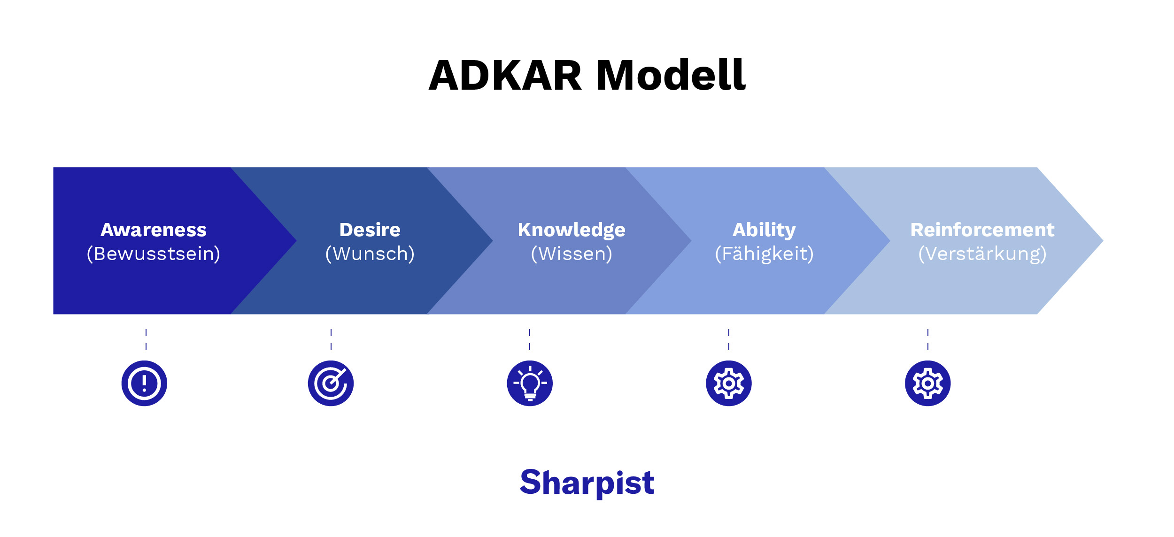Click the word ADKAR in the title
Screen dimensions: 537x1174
coord(505,76)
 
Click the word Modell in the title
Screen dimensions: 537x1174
coord(671,76)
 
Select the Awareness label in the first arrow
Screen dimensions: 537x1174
coord(154,230)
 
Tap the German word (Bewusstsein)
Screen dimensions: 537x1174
coord(154,254)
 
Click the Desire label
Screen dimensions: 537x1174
coord(370,230)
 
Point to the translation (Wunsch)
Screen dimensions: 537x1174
coord(370,254)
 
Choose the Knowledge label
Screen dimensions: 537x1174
coord(572,230)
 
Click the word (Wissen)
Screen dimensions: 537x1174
coord(572,254)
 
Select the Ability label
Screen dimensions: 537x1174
coord(764,230)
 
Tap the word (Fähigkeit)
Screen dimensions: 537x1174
coord(764,254)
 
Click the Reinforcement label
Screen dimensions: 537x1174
coord(982,230)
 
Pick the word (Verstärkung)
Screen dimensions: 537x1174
coord(982,254)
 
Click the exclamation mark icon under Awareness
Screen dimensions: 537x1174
coord(144,383)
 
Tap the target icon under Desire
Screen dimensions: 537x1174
coord(331,383)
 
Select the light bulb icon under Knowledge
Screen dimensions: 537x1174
coord(530,383)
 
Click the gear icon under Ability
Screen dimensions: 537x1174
coord(729,383)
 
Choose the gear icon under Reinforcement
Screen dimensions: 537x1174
coord(928,383)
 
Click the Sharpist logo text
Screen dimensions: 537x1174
coord(587,483)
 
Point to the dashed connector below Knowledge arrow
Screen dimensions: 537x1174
coord(530,339)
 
